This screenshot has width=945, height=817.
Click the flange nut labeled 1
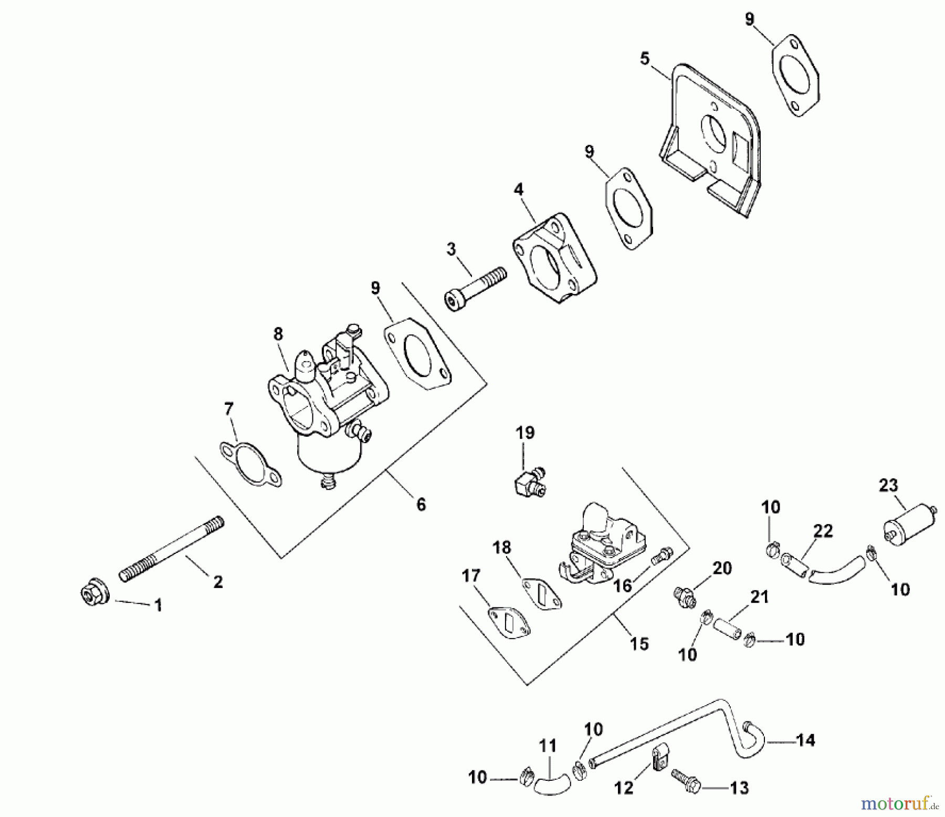(x=94, y=594)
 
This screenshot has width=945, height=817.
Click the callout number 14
(x=805, y=741)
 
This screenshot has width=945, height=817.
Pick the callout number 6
(x=421, y=505)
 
